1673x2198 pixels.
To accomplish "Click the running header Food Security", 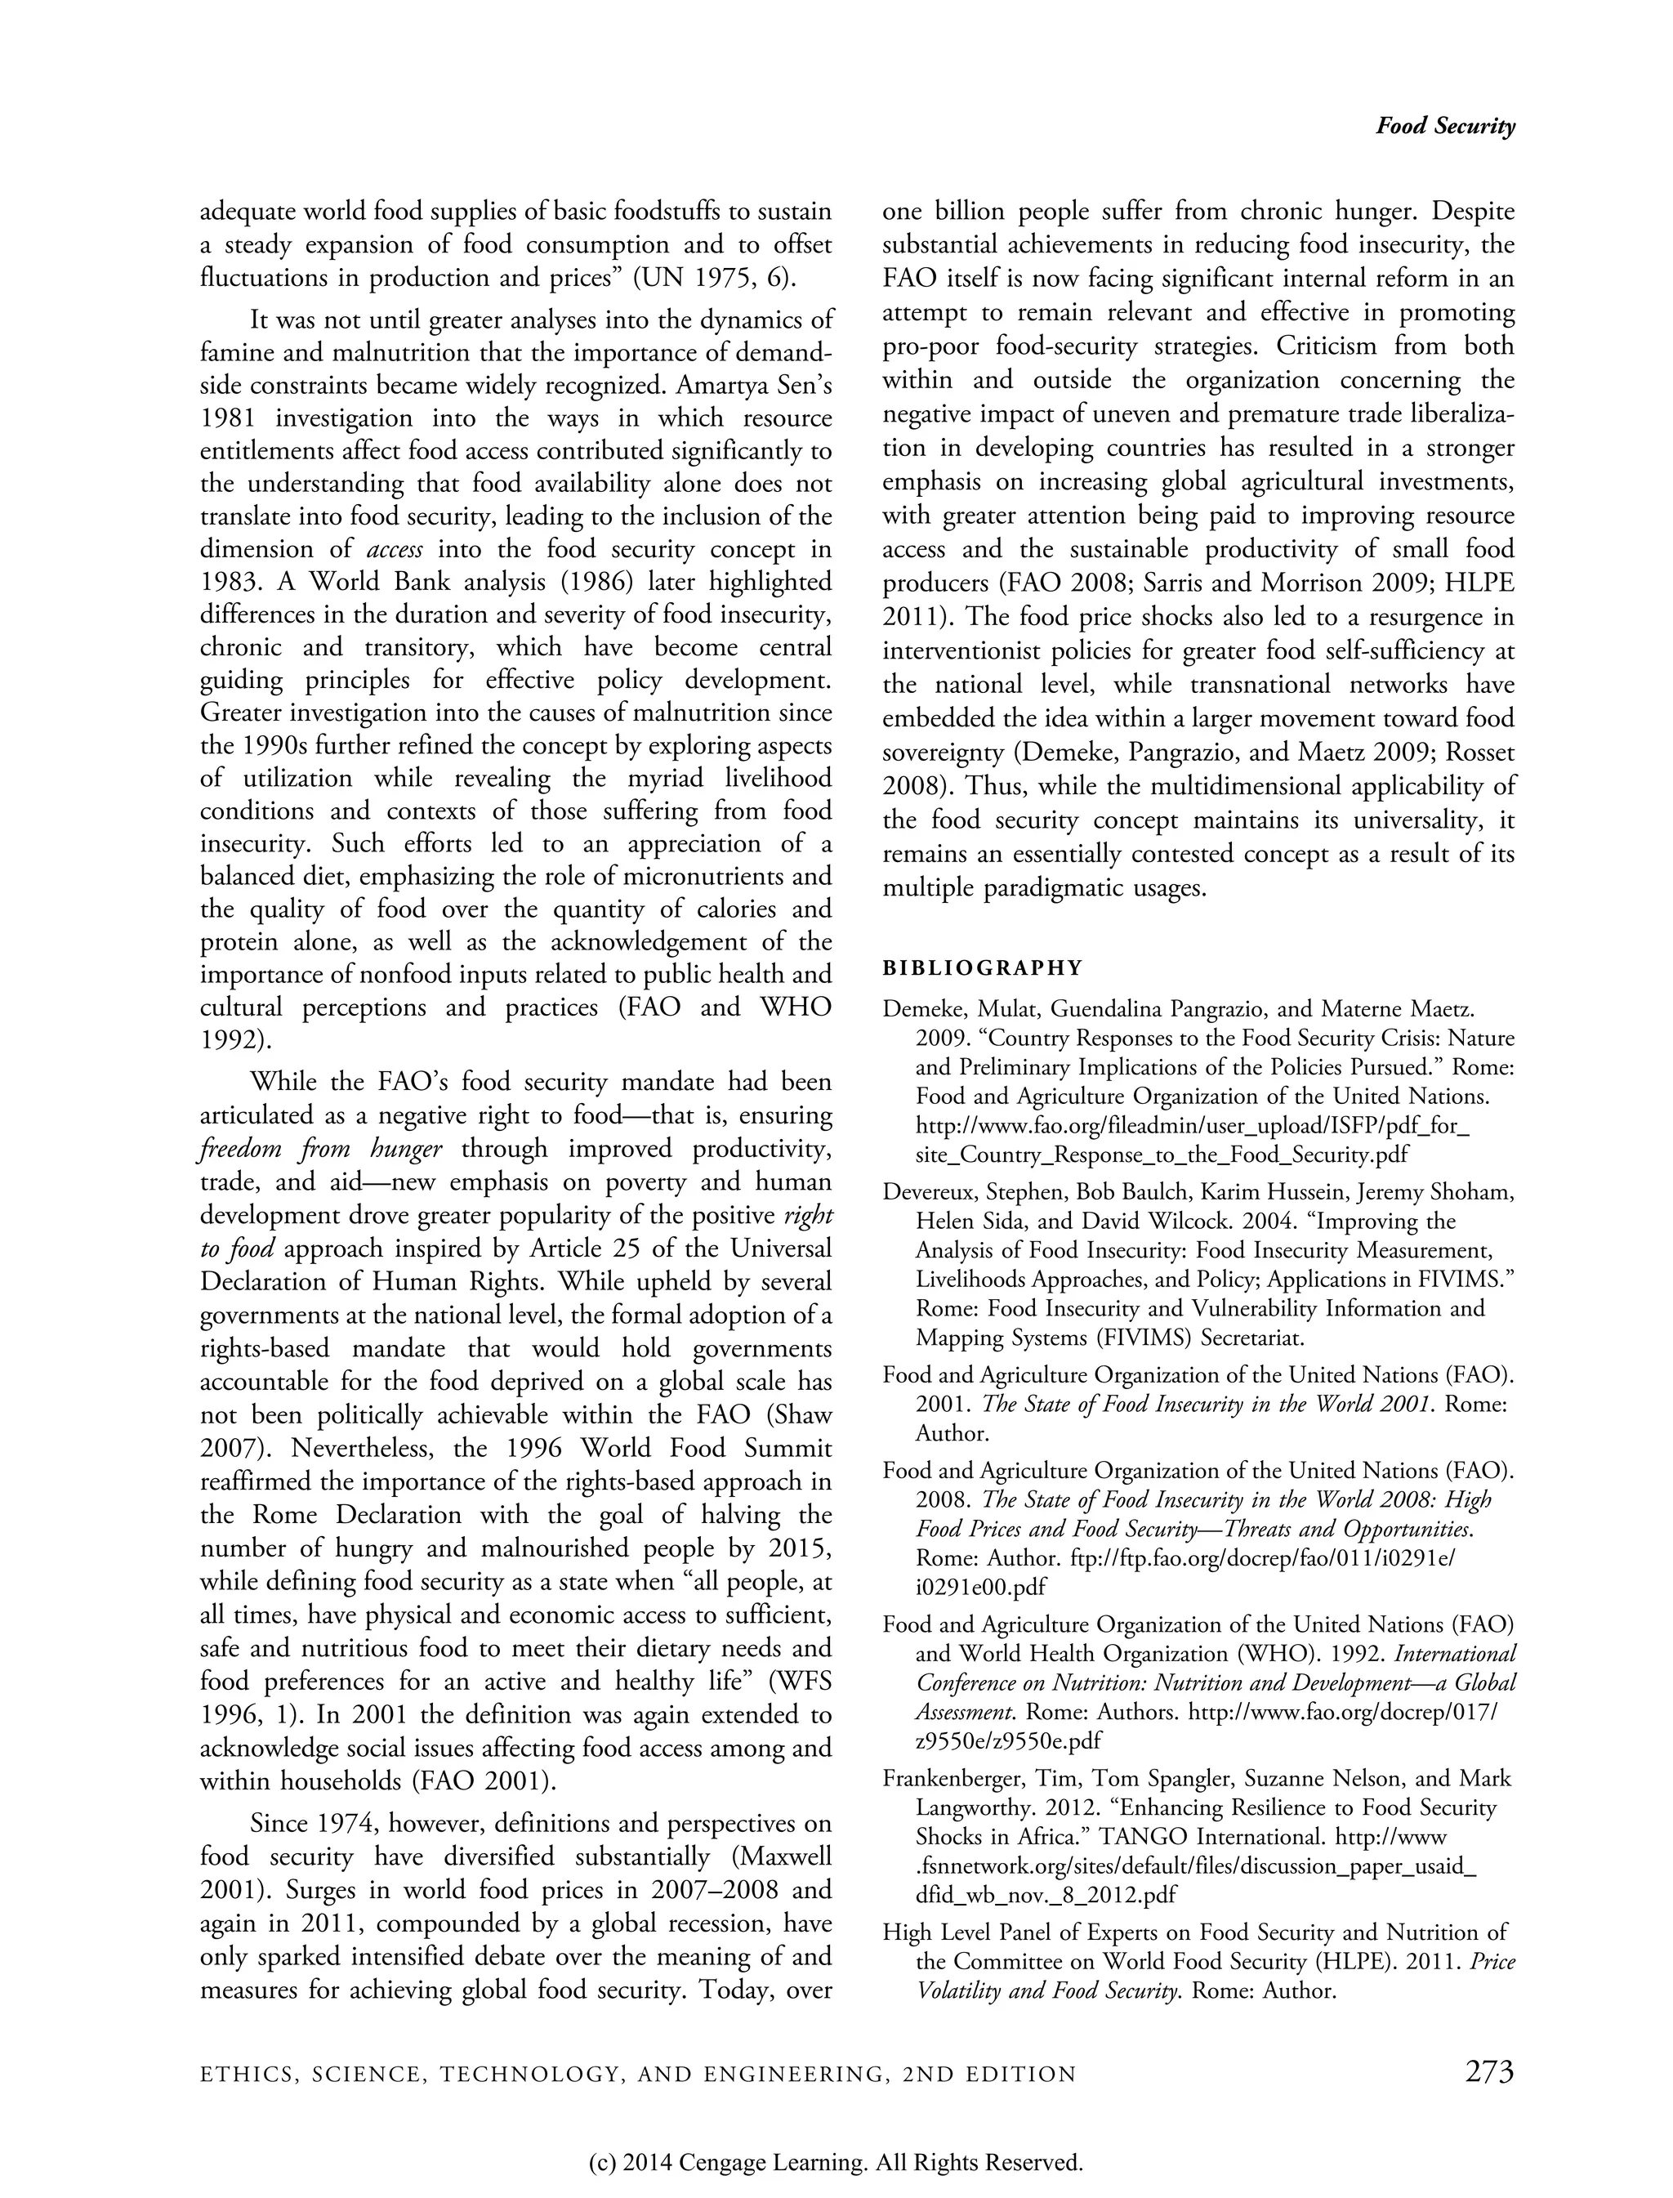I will (x=1445, y=127).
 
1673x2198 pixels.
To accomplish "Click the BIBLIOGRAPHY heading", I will (x=982, y=967).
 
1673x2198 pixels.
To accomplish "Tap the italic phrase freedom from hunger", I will (x=321, y=1150).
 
